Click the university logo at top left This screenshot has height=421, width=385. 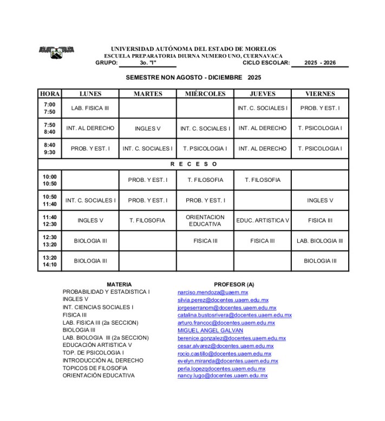(56, 52)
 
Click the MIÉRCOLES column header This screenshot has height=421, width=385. (205, 94)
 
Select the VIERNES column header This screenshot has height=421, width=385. (320, 94)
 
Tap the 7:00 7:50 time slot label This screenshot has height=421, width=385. (49, 108)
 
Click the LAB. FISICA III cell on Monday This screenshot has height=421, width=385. (90, 108)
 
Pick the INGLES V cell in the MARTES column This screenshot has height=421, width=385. (148, 129)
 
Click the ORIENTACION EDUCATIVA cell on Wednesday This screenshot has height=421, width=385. (205, 220)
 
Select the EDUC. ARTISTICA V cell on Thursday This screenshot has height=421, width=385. (263, 220)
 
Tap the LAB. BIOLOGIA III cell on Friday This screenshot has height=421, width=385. (320, 241)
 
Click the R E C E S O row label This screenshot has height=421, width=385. (193, 164)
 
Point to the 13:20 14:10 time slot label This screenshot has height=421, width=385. (49, 261)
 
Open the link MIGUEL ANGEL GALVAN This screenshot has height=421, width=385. (210, 330)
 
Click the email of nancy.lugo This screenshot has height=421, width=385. (222, 376)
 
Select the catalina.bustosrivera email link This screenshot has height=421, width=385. (234, 315)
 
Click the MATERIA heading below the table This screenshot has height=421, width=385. (119, 284)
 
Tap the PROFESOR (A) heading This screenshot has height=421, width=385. (234, 284)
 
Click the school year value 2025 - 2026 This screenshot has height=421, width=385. (319, 63)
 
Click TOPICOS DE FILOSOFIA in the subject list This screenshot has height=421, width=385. (95, 368)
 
